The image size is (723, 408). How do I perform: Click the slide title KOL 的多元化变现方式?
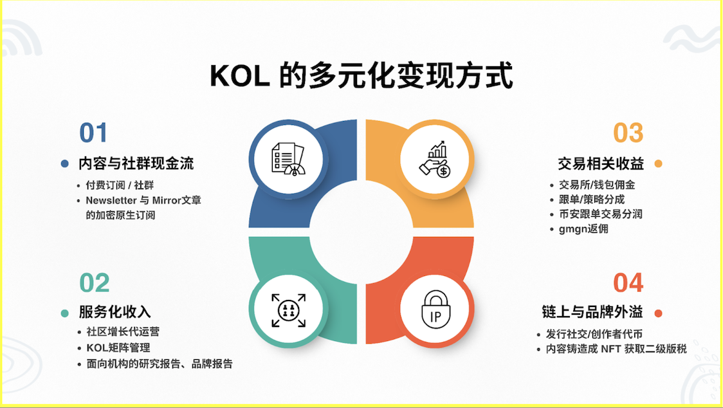[361, 76]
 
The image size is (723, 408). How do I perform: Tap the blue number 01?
[93, 133]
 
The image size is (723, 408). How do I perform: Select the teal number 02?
[94, 283]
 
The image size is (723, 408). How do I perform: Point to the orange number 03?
[628, 133]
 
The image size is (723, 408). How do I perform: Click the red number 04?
[628, 283]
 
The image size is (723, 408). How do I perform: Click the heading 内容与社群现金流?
[136, 163]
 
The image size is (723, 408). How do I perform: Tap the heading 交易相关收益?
[601, 163]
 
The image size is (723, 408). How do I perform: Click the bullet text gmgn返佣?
[583, 228]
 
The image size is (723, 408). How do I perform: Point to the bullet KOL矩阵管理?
[118, 348]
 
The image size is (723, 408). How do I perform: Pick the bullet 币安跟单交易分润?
[601, 214]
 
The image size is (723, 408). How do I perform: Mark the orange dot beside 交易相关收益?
[658, 163]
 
